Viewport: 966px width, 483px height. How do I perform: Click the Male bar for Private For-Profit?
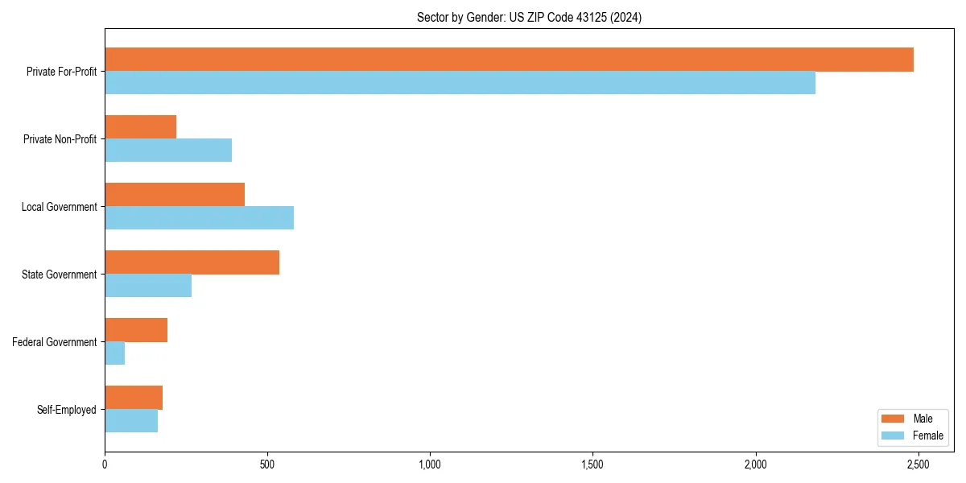509,60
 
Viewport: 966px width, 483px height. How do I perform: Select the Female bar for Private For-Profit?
460,83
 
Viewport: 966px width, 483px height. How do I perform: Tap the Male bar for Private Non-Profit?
140,127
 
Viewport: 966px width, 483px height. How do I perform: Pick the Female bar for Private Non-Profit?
168,151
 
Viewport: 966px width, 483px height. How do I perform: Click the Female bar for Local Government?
199,218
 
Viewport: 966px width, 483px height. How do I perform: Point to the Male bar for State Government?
192,262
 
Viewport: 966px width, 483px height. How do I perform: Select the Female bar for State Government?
148,286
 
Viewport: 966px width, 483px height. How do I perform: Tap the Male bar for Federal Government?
136,330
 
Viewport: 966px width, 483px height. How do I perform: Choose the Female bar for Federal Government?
114,353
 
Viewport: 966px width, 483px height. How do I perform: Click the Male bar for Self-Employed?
134,398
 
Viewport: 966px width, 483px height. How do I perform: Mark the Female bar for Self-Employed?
131,421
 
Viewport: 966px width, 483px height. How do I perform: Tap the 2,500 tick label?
918,464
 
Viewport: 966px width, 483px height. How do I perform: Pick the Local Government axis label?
59,207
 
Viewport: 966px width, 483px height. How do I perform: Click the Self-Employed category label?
67,410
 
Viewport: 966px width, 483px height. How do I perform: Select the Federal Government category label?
55,342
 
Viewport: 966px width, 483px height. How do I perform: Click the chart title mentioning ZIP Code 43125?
529,17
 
